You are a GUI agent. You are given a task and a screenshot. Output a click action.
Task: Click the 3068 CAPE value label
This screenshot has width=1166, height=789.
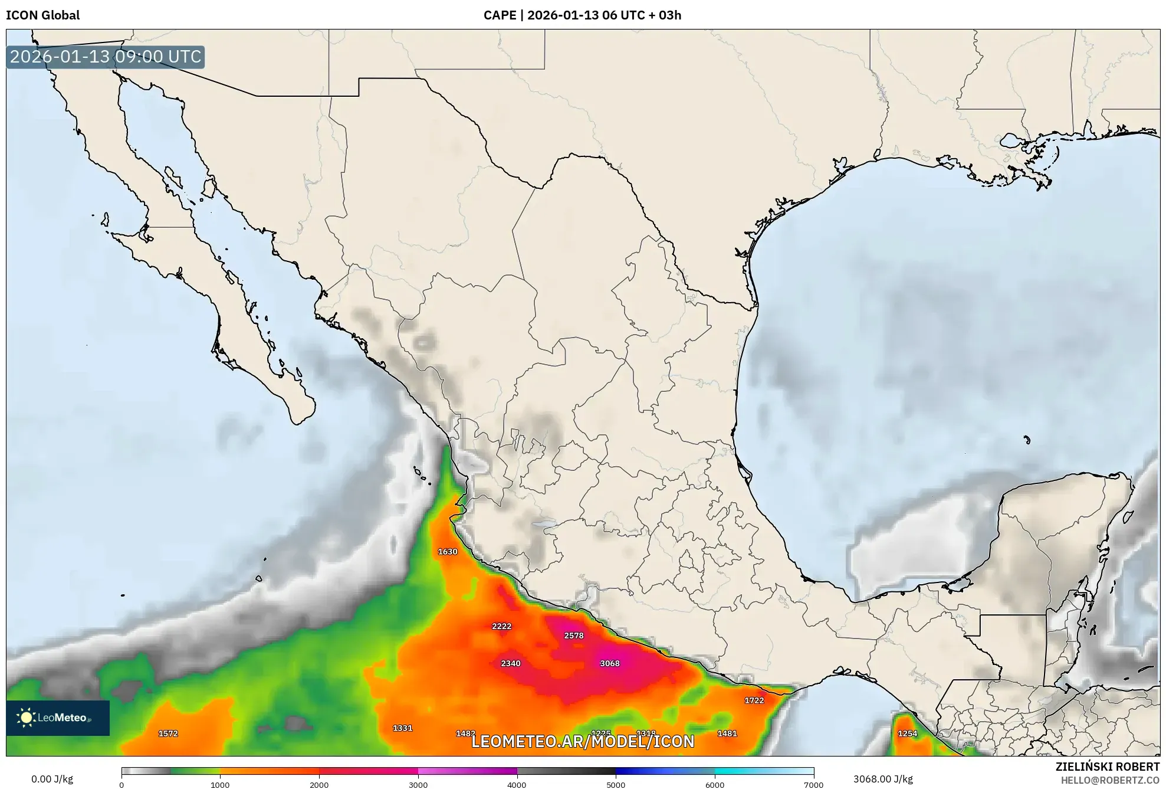pyautogui.click(x=609, y=663)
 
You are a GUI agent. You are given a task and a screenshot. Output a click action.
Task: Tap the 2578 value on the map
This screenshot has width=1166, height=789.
pyautogui.click(x=573, y=636)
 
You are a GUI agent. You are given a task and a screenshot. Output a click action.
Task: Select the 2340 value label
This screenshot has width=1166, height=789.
pyautogui.click(x=510, y=663)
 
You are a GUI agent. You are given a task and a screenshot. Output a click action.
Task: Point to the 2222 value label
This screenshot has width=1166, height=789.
pyautogui.click(x=501, y=626)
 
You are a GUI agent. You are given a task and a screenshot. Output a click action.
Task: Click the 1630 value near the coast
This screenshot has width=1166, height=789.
pyautogui.click(x=447, y=552)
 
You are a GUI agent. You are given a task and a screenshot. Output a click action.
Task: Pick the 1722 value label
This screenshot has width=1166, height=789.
pyautogui.click(x=754, y=700)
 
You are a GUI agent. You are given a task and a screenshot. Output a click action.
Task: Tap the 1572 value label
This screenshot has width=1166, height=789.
pyautogui.click(x=167, y=734)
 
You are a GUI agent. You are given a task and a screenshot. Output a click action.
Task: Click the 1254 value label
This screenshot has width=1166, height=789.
pyautogui.click(x=907, y=734)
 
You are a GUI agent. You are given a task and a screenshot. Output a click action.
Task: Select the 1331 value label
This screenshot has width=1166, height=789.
pyautogui.click(x=402, y=728)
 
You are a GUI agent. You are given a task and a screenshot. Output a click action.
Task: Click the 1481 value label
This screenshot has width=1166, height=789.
pyautogui.click(x=727, y=734)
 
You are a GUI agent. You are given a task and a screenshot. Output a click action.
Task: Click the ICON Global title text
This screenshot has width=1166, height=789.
pyautogui.click(x=42, y=15)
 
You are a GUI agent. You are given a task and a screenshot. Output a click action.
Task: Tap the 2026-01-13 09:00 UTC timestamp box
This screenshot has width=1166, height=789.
pyautogui.click(x=106, y=57)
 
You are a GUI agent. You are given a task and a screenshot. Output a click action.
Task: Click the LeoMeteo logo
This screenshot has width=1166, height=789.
pyautogui.click(x=57, y=718)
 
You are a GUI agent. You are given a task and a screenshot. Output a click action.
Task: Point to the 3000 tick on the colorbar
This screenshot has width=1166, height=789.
pyautogui.click(x=418, y=784)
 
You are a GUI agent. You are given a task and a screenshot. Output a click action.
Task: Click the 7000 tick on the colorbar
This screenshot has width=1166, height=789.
pyautogui.click(x=813, y=784)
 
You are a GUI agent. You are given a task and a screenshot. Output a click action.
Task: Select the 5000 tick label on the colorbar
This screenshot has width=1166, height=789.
pyautogui.click(x=616, y=785)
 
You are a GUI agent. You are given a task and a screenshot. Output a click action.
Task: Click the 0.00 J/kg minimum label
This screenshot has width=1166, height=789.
pyautogui.click(x=52, y=779)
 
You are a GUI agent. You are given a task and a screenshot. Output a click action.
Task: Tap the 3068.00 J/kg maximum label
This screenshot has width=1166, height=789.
pyautogui.click(x=883, y=779)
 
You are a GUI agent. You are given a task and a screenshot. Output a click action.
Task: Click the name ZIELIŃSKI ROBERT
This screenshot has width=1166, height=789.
pyautogui.click(x=1107, y=767)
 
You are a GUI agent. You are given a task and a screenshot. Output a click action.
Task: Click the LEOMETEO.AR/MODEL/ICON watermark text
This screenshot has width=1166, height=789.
pyautogui.click(x=583, y=742)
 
